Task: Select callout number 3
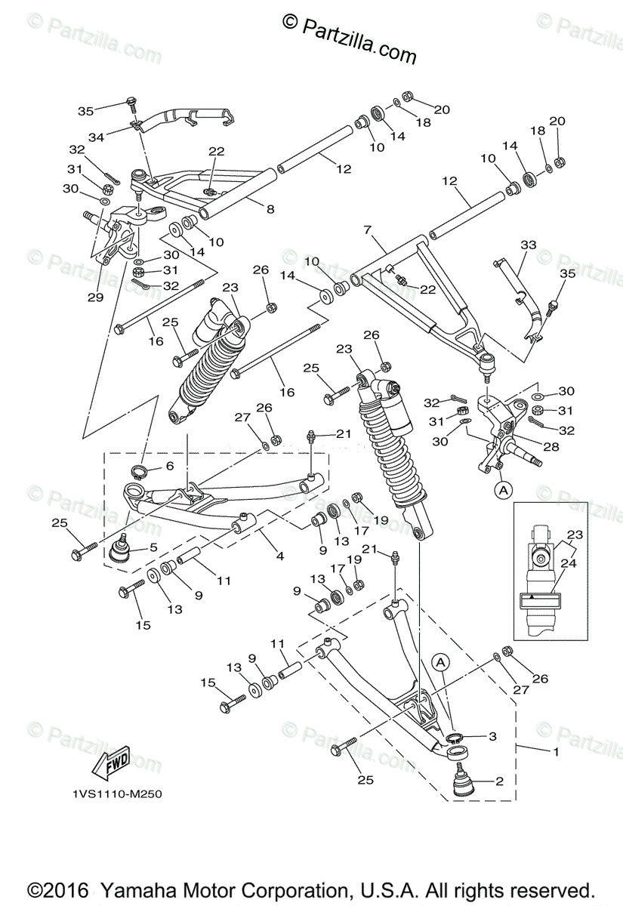pos(492,735)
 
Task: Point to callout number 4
pos(279,556)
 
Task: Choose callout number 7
pos(369,229)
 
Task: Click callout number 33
pos(529,245)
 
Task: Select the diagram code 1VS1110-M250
pos(119,794)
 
